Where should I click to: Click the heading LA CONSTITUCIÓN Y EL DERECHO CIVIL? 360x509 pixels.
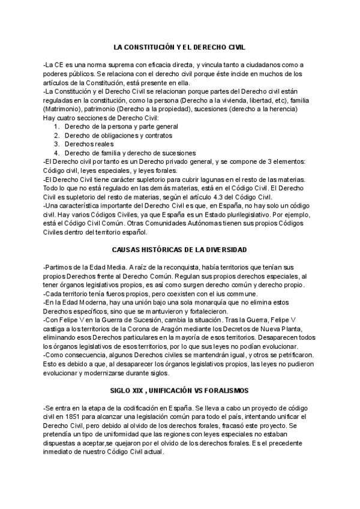click(179, 46)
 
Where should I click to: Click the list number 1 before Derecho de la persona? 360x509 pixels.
click(56, 127)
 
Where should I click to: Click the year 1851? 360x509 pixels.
click(78, 416)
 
